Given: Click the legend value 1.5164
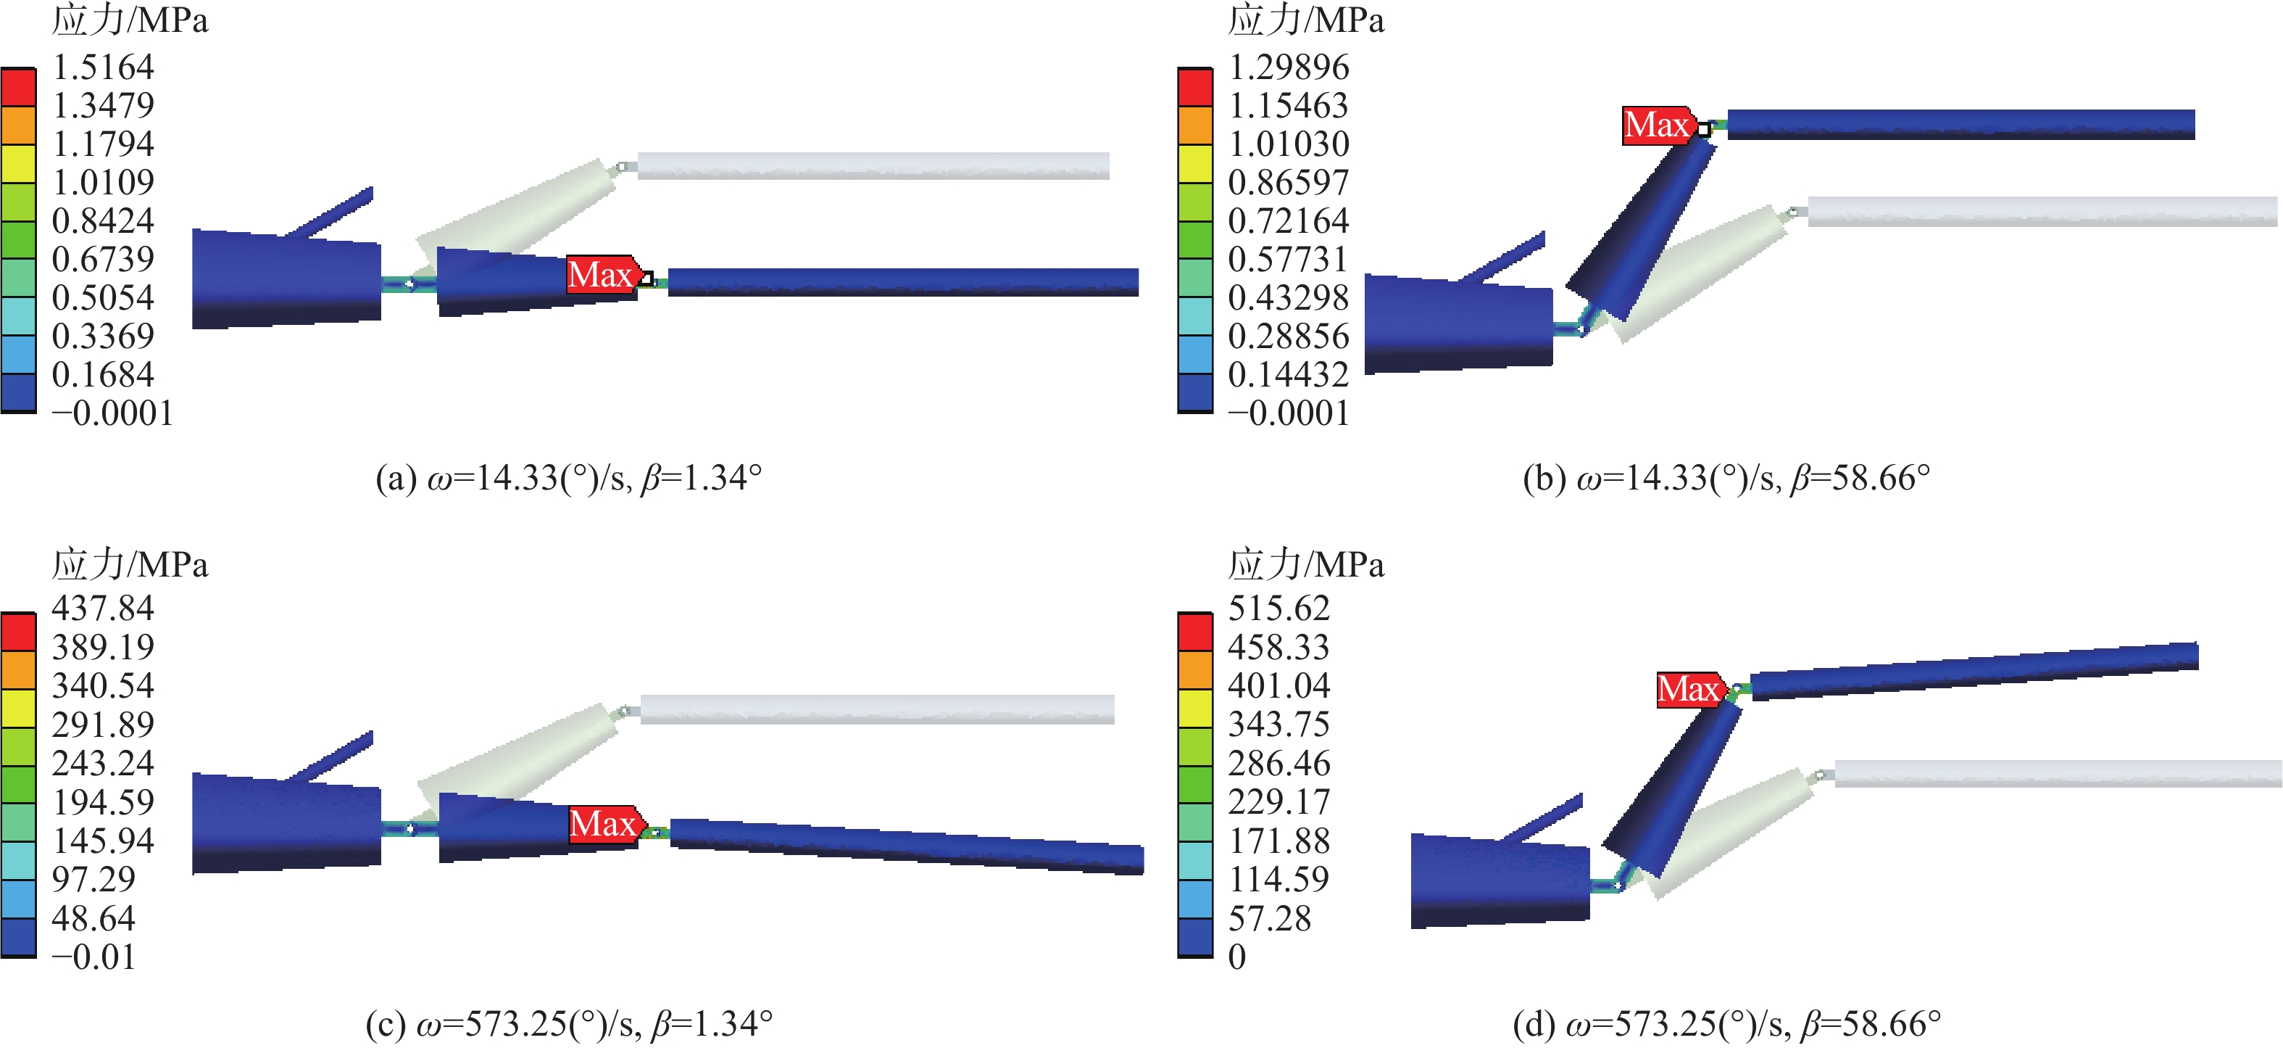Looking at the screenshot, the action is pyautogui.click(x=103, y=67).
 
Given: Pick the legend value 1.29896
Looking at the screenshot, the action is pyautogui.click(x=1289, y=67).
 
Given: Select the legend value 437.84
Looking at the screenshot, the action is pyautogui.click(x=103, y=608).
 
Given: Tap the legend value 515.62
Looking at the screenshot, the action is pyautogui.click(x=1279, y=608).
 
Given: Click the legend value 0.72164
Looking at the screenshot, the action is pyautogui.click(x=1289, y=220).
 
